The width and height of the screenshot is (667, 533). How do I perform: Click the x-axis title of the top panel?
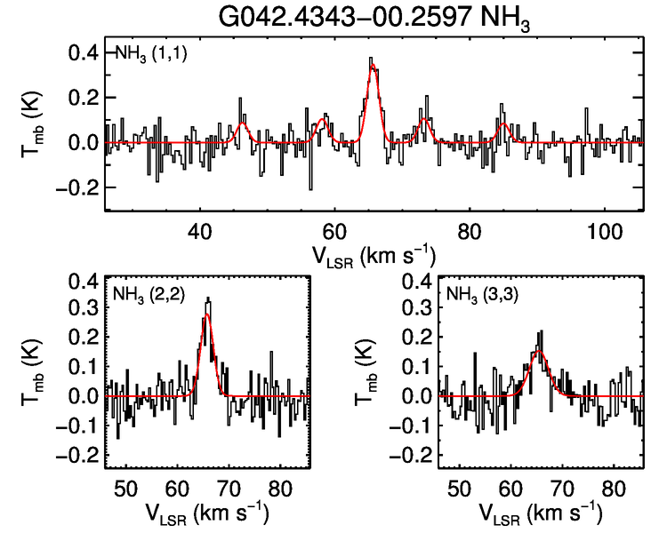point(374,257)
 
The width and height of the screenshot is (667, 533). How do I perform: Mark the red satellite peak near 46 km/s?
point(241,123)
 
